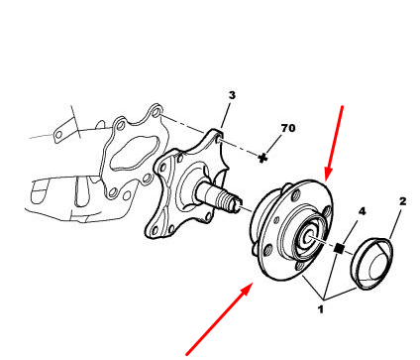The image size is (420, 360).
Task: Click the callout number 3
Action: click(x=232, y=95)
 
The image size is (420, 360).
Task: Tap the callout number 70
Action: click(x=288, y=128)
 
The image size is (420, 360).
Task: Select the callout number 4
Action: click(x=363, y=211)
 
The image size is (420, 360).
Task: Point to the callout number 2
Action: click(x=402, y=201)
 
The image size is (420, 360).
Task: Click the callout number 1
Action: click(x=320, y=309)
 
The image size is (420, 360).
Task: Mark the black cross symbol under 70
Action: click(x=262, y=158)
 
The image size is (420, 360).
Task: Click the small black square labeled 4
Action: click(x=339, y=248)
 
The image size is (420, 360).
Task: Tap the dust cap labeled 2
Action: click(x=371, y=264)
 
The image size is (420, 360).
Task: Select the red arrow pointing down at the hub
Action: click(x=335, y=144)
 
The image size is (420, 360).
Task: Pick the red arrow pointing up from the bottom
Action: click(x=220, y=319)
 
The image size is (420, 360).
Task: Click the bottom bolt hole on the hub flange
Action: click(x=300, y=267)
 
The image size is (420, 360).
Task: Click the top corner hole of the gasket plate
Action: click(x=156, y=112)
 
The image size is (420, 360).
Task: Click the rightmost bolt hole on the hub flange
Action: click(x=328, y=211)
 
